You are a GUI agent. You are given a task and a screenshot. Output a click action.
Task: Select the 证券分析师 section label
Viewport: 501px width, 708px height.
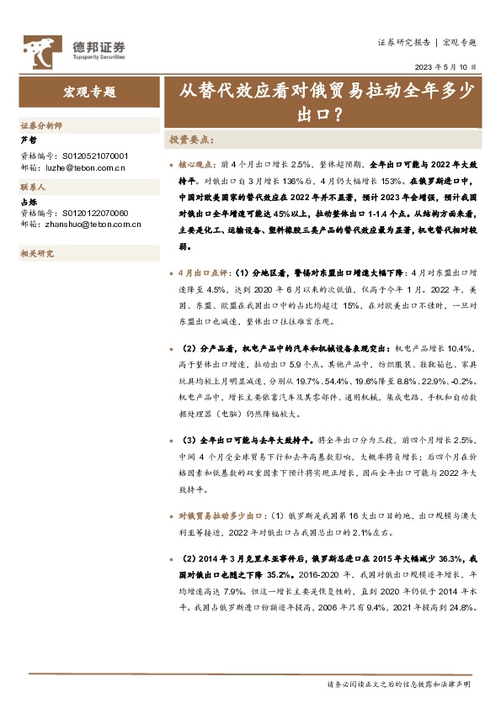pos(41,125)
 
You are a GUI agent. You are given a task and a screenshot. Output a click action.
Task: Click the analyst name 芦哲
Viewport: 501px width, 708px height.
pos(28,140)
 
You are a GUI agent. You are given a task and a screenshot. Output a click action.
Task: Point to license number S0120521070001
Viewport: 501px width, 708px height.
pos(96,156)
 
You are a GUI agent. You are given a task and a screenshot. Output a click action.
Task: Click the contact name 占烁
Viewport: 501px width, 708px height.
pos(28,202)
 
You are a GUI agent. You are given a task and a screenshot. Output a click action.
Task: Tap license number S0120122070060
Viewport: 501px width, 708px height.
pos(96,214)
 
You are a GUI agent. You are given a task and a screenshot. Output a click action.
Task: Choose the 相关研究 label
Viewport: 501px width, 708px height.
pos(37,253)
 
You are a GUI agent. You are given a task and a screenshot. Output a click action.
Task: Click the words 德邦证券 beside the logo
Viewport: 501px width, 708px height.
pos(99,46)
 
